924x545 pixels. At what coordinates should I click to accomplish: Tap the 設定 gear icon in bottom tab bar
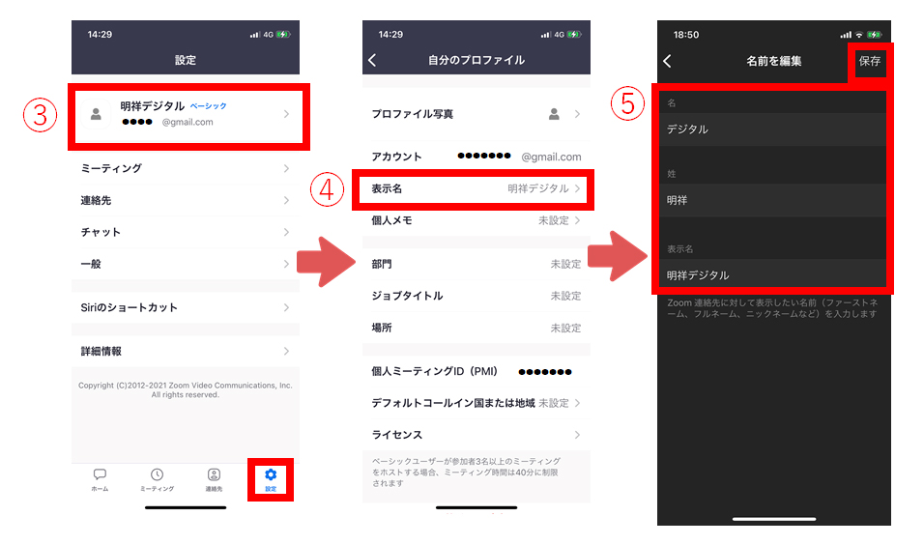pos(271,474)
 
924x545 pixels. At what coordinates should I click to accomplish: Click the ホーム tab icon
pos(100,474)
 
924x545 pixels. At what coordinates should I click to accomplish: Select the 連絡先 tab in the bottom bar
pos(214,474)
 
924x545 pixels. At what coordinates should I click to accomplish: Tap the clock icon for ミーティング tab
pos(157,474)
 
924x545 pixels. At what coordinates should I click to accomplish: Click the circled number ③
pos(37,115)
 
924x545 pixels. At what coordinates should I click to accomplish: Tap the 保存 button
pos(869,61)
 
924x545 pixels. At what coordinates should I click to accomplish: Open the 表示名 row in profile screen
pos(476,189)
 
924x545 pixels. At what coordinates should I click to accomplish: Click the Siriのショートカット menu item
pos(185,307)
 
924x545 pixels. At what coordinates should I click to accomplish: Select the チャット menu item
pos(185,232)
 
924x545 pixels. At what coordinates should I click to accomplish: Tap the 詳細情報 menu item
pos(185,352)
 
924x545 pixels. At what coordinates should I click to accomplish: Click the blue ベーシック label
pos(208,105)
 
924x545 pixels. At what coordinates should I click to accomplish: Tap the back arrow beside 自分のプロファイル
pos(373,60)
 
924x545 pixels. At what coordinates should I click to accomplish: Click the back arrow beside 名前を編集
pos(667,61)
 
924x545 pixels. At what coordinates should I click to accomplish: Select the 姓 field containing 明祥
pos(773,201)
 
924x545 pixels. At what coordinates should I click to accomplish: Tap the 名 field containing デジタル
pos(773,129)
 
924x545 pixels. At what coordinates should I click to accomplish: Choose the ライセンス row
pos(476,435)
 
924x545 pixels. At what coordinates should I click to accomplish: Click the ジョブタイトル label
pos(407,296)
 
